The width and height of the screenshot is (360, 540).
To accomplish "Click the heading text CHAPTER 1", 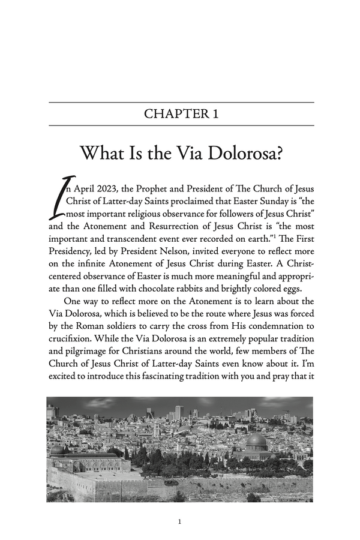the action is point(181,114).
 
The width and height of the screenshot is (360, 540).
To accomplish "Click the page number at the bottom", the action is point(180,522).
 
